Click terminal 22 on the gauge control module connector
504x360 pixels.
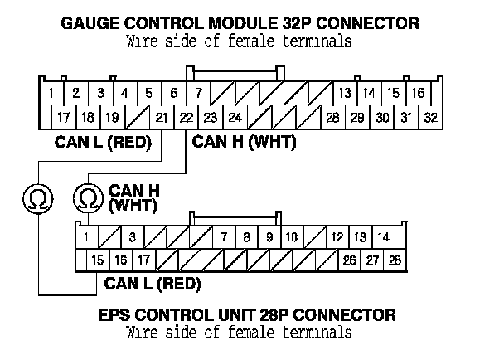pos(187,117)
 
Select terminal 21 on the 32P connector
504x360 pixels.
pos(162,117)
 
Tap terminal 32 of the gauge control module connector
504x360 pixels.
pos(430,117)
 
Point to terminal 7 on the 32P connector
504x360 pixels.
pos(199,93)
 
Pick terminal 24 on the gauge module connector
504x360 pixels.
pos(235,117)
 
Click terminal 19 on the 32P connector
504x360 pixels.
pos(112,117)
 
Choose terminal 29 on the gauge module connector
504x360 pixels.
pos(356,117)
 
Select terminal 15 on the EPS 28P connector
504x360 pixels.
pos(98,260)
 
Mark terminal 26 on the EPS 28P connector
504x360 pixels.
pos(349,260)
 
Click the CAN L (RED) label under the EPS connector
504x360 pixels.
pos(152,285)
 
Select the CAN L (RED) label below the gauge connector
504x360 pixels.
pos(102,142)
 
